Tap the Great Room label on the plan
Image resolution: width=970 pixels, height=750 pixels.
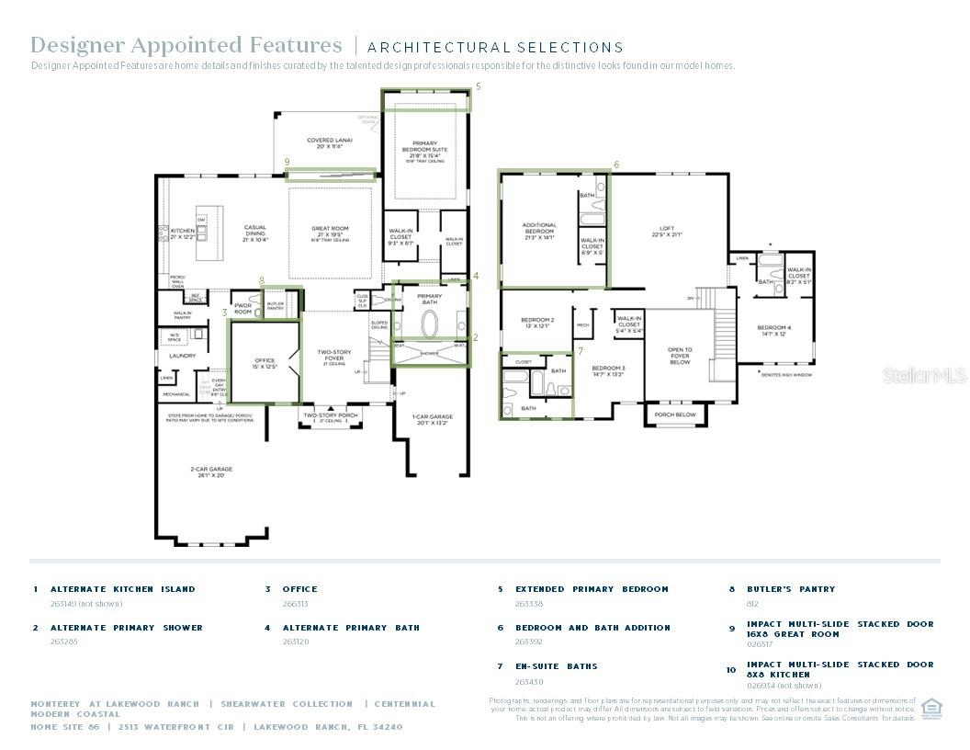point(330,232)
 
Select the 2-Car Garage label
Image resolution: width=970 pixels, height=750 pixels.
point(211,472)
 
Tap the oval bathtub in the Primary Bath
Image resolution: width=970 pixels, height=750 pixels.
point(430,325)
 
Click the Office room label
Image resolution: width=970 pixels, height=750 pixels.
point(265,363)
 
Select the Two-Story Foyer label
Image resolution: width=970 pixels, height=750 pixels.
point(334,355)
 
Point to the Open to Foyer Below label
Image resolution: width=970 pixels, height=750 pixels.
point(680,356)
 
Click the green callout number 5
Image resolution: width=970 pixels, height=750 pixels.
point(478,86)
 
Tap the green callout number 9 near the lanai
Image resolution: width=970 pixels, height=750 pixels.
point(287,162)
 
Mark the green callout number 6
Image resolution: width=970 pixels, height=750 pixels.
point(616,165)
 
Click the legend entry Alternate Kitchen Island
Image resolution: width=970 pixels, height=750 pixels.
point(122,589)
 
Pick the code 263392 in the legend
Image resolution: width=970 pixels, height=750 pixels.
point(529,642)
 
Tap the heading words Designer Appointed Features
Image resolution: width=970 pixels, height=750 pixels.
point(186,45)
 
